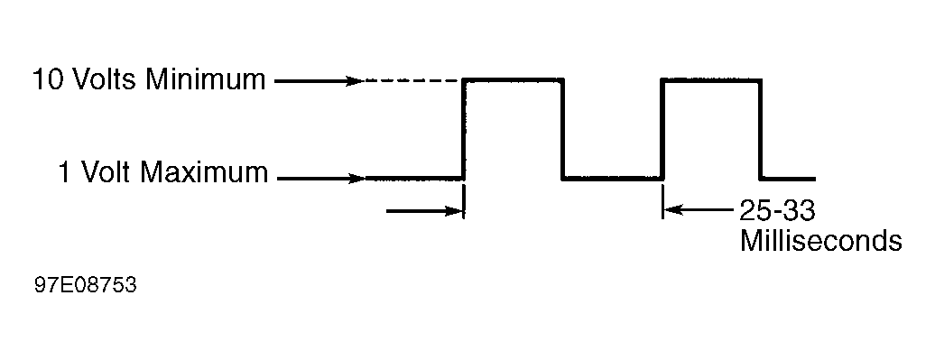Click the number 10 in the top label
point(48,80)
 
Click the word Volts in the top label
point(104,80)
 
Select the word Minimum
point(205,80)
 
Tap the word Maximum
point(204,173)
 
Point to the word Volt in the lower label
point(105,173)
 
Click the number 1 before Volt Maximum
point(64,173)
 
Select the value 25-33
point(777,210)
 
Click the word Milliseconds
point(820,241)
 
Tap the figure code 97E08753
point(86,285)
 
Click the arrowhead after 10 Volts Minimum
point(355,81)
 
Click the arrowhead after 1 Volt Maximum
point(356,179)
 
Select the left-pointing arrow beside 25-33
point(699,210)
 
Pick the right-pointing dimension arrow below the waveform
point(424,211)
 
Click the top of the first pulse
point(514,80)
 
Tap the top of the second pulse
point(711,80)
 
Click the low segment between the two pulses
point(613,178)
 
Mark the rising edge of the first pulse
point(464,129)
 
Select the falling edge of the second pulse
point(760,129)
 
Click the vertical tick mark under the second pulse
point(662,201)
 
